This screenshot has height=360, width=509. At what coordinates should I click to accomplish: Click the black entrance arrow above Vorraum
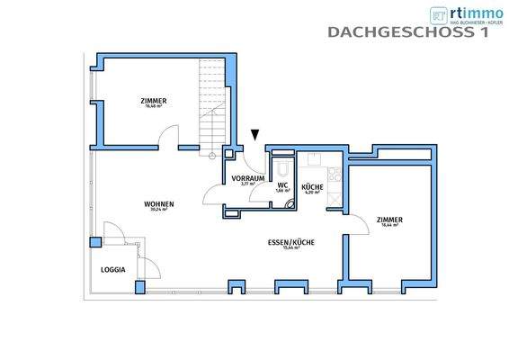[x=255, y=135]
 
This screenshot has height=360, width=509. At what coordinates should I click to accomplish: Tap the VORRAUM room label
[x=247, y=178]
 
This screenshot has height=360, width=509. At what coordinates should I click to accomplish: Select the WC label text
[x=282, y=185]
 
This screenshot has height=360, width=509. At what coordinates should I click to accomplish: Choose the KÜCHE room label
[x=313, y=185]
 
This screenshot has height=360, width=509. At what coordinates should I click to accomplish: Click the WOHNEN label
[x=158, y=204]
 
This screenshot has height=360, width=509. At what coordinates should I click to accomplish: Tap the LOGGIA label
[x=112, y=269]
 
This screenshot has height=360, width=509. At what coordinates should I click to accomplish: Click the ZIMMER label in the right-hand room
[x=389, y=220]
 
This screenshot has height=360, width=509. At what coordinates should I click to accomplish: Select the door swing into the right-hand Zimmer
[x=357, y=225]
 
